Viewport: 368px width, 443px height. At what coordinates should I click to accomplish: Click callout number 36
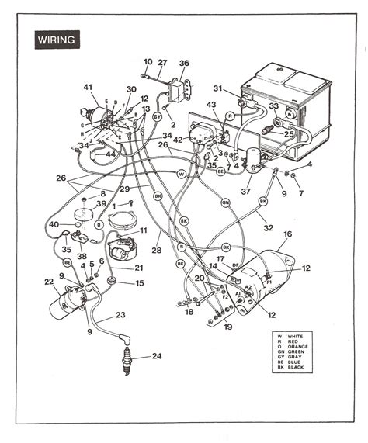[184, 64]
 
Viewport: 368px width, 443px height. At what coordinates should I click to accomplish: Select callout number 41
[88, 88]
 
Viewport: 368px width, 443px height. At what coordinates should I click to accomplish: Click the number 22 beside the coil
[48, 282]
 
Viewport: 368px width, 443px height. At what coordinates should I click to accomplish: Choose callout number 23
[120, 315]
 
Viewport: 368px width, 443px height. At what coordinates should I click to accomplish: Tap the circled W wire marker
[182, 174]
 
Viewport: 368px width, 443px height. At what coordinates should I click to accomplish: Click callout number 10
[148, 61]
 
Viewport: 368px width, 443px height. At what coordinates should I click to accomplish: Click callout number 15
[140, 283]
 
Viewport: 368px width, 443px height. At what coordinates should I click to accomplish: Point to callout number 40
[54, 225]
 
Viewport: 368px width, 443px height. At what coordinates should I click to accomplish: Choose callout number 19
[227, 327]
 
